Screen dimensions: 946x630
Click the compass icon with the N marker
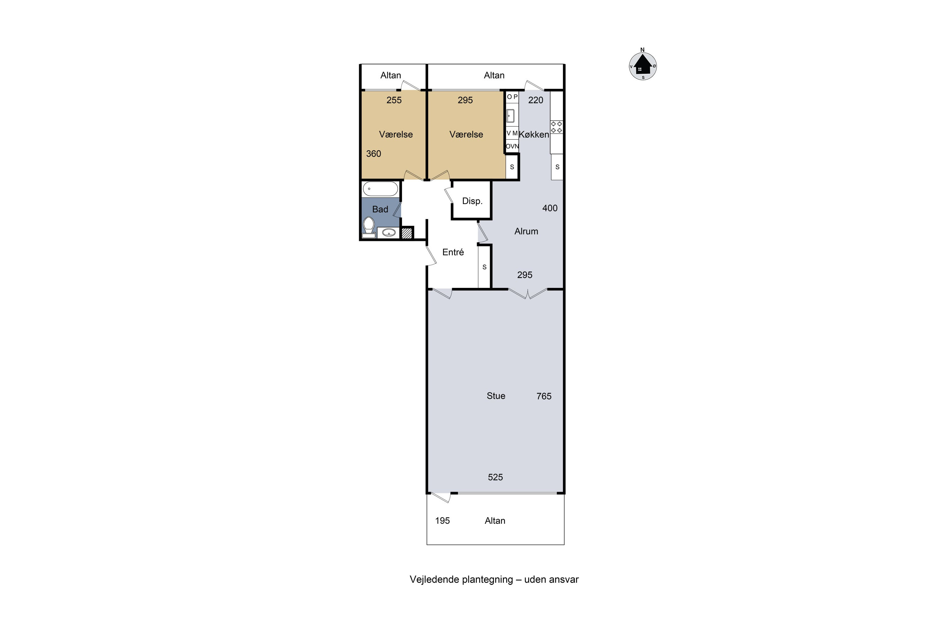643,66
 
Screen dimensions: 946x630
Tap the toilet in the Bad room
368,227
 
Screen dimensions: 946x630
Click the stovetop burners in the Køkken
557,127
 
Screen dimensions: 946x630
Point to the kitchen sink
511,116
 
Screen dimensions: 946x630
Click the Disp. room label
472,201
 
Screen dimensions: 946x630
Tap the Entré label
453,252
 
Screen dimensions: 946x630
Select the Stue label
496,396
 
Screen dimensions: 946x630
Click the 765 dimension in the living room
544,396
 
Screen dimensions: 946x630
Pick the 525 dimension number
495,477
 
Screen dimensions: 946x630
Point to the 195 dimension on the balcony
442,521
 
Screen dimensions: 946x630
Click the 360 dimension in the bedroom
373,153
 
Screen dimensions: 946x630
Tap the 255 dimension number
394,100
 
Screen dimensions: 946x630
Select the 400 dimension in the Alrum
550,208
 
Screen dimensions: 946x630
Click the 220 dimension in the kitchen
536,100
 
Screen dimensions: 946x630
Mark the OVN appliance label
512,146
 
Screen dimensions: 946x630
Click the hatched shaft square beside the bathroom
407,233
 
